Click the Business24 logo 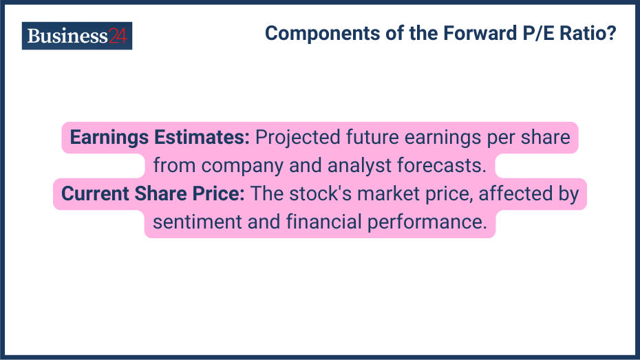76,36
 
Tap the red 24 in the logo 118,36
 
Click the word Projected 297,138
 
